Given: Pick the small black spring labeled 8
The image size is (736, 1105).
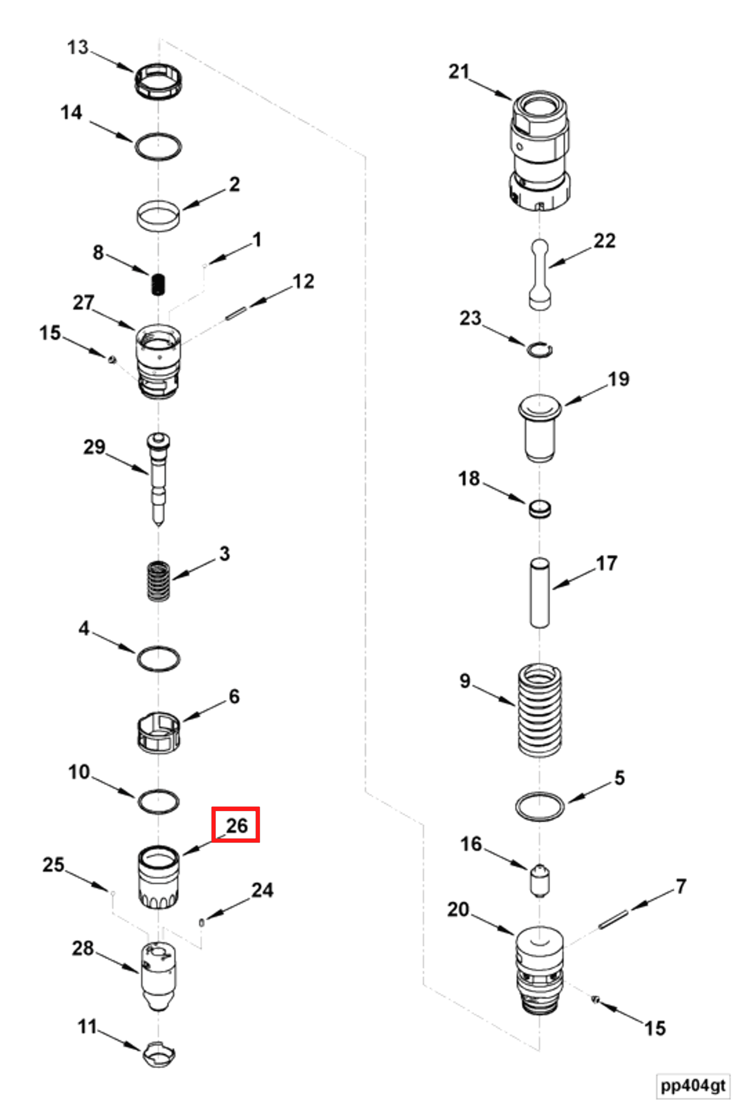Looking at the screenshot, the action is coord(159,284).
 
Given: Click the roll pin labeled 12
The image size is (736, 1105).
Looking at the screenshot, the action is coord(236,314).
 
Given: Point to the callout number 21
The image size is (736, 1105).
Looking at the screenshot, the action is coord(459,72).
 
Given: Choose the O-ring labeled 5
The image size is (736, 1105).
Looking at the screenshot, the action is coord(539,807).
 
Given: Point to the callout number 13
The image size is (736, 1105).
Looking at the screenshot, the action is coord(78,47).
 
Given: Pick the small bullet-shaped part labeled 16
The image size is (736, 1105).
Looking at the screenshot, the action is coord(540,880).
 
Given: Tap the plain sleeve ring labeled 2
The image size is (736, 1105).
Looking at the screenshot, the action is coord(159,216).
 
